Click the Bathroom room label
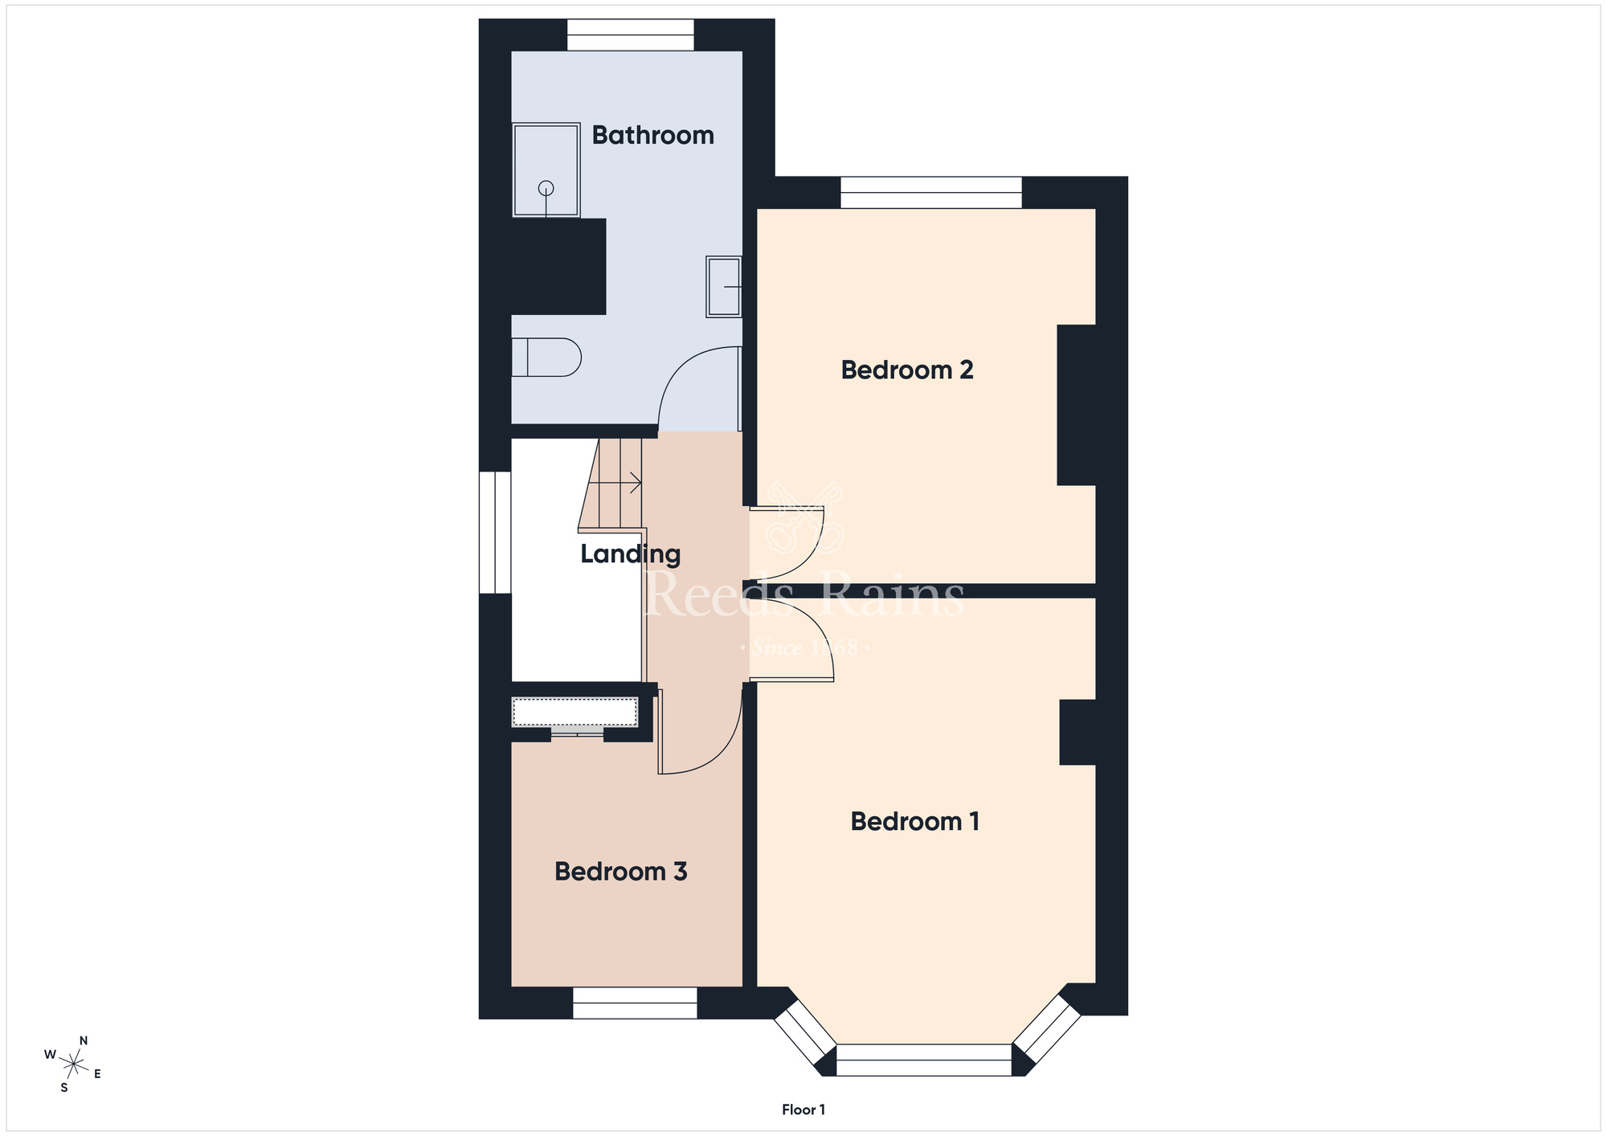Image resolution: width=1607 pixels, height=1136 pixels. (x=652, y=135)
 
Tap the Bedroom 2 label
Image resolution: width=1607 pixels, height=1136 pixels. (x=907, y=370)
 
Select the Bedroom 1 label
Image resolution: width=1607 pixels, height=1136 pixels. (x=914, y=821)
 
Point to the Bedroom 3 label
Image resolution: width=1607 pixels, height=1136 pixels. (x=620, y=872)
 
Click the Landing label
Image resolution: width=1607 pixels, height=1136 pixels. (x=630, y=554)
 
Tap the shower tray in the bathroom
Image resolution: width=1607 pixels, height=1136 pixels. (x=546, y=170)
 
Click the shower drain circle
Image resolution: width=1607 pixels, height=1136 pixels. (x=546, y=188)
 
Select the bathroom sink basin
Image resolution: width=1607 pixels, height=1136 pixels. (x=723, y=286)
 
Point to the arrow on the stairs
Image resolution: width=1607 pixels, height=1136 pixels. (x=615, y=483)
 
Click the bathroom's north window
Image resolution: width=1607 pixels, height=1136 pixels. (x=631, y=35)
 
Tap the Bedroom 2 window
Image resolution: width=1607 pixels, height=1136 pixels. (x=931, y=192)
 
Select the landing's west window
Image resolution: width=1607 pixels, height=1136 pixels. (x=495, y=532)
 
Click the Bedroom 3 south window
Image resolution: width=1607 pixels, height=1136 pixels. (x=635, y=1003)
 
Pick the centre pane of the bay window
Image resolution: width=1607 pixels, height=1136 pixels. (x=924, y=1060)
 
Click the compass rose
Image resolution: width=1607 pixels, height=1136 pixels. (x=73, y=1064)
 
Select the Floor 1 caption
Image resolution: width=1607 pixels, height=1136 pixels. (x=803, y=1109)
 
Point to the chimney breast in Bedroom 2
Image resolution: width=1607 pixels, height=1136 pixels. (x=1077, y=405)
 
